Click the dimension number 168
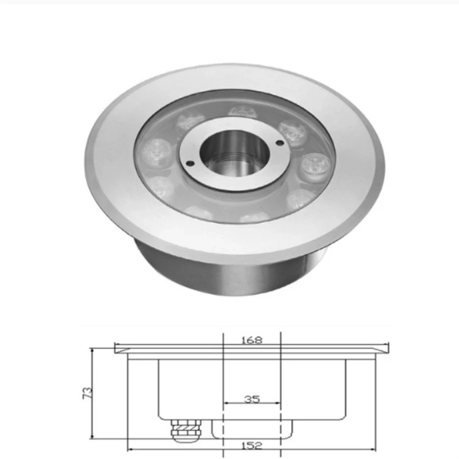coord(252,340)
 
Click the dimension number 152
coord(252,446)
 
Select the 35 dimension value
coord(252,399)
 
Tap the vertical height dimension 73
coord(88,393)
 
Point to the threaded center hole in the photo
coord(235,155)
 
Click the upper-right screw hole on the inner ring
coord(280,143)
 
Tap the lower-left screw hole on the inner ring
coord(190,163)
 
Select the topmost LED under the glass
coord(242,112)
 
